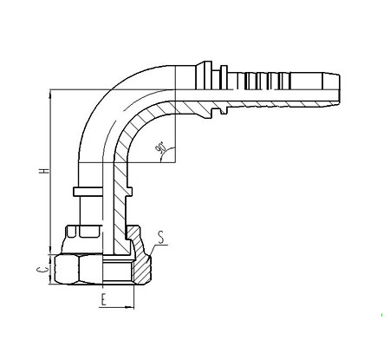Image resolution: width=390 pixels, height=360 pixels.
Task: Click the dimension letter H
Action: pyautogui.click(x=44, y=170)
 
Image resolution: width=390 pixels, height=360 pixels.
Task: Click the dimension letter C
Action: pyautogui.click(x=43, y=270)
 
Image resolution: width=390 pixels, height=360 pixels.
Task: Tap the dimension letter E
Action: pyautogui.click(x=104, y=299)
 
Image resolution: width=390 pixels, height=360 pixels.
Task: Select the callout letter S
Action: pyautogui.click(x=161, y=238)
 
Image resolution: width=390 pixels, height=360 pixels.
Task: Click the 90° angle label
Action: pyautogui.click(x=160, y=147)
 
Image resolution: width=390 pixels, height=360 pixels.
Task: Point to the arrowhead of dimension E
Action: pyautogui.click(x=129, y=307)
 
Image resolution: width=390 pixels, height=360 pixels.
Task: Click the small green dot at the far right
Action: pyautogui.click(x=382, y=315)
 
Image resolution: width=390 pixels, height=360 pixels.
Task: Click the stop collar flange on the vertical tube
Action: pyautogui.click(x=102, y=192)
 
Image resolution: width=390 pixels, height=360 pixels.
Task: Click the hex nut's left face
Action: pyautogui.click(x=67, y=270)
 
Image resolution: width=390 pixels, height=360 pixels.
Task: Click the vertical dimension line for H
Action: pyautogui.click(x=51, y=172)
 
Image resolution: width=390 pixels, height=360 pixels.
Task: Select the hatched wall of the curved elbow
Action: pyautogui.click(x=129, y=130)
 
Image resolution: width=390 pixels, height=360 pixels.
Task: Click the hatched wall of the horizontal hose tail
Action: pyautogui.click(x=254, y=105)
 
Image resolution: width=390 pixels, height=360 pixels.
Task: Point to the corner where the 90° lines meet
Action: pyautogui.click(x=175, y=162)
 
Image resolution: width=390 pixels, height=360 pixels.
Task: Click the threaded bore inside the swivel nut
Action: pyautogui.click(x=118, y=271)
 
